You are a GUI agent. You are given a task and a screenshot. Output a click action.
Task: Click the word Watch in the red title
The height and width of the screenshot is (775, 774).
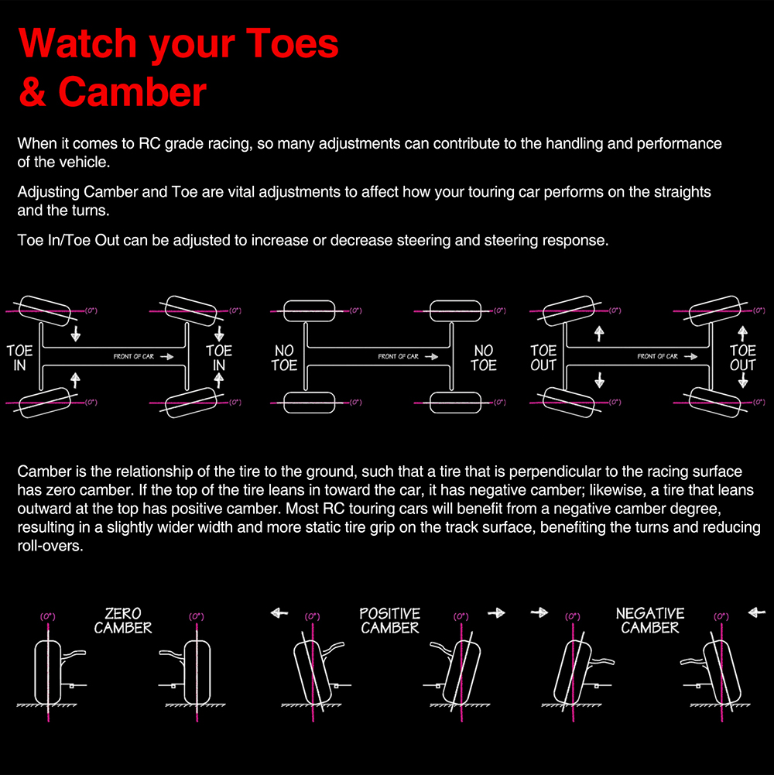[77, 43]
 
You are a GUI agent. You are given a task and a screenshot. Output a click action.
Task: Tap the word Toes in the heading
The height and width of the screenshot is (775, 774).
[292, 43]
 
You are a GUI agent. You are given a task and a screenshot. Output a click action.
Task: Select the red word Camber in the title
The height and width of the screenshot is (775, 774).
[132, 92]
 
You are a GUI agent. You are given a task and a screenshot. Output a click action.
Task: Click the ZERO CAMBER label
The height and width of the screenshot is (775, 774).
[123, 621]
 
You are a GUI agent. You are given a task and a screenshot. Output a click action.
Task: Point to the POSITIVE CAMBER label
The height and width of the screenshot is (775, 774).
[390, 621]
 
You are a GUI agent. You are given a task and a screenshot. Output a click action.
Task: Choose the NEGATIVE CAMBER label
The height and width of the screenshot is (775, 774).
[650, 621]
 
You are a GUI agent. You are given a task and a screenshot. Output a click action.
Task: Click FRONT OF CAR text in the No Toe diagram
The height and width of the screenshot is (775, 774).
[399, 356]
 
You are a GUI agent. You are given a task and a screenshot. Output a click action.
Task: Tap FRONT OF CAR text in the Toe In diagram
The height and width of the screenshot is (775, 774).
[133, 356]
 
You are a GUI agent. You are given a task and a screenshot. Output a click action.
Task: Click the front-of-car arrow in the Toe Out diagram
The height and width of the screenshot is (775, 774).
[690, 356]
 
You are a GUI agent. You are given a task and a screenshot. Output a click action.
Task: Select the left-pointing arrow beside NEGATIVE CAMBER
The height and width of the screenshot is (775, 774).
[757, 613]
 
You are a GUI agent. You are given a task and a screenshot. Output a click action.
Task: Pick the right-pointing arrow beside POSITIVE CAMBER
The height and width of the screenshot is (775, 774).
[496, 613]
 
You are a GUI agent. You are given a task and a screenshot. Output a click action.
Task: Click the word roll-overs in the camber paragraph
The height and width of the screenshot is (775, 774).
[49, 546]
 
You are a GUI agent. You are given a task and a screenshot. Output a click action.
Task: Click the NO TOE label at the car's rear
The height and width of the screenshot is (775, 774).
[284, 358]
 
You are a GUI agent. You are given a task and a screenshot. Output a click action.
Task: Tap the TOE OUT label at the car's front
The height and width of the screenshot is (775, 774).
[743, 358]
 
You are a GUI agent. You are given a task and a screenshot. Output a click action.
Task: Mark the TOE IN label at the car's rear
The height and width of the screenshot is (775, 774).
[19, 358]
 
